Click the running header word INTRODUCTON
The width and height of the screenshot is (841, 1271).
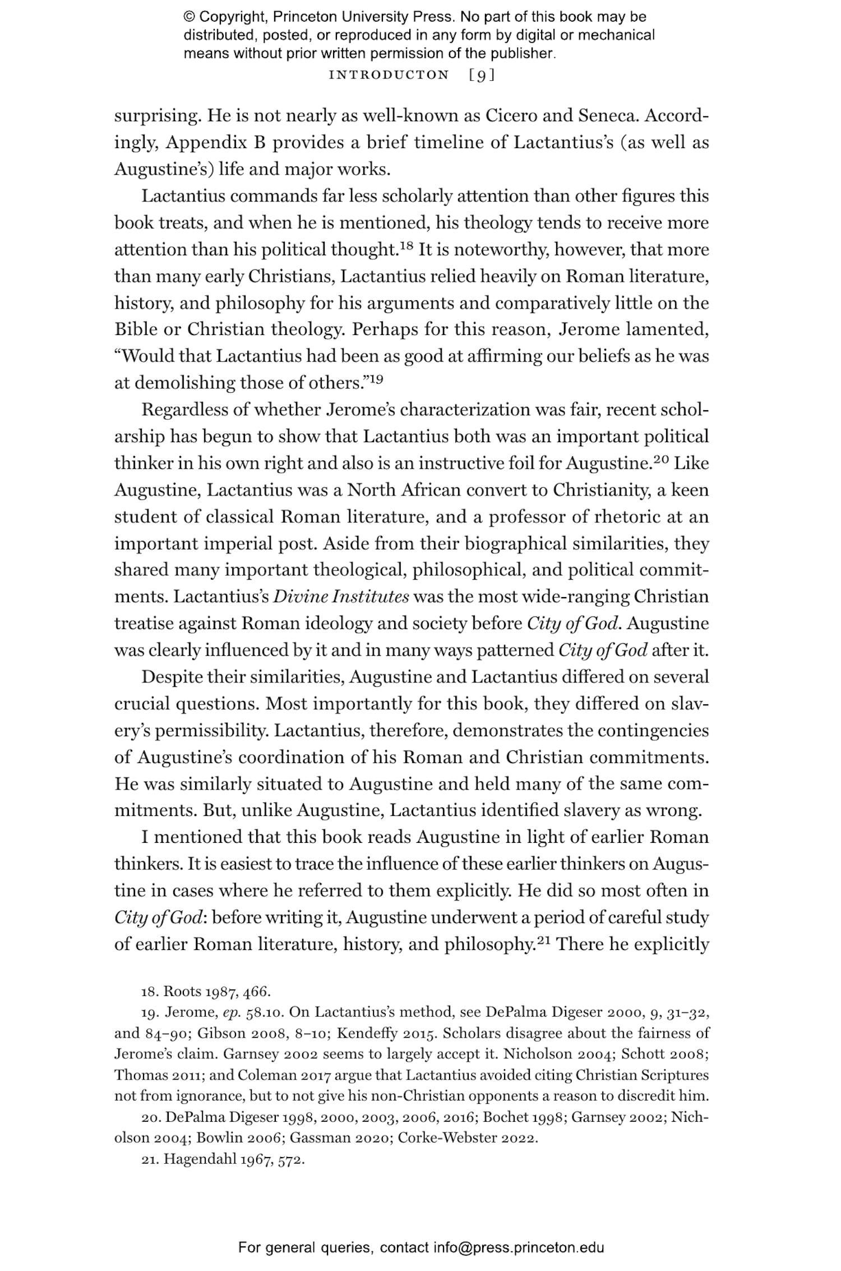click(389, 75)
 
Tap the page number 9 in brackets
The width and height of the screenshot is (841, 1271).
click(481, 75)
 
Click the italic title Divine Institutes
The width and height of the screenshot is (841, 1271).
click(341, 597)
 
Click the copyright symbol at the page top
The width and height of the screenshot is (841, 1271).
click(189, 17)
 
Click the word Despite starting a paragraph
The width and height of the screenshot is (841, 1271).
click(172, 677)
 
